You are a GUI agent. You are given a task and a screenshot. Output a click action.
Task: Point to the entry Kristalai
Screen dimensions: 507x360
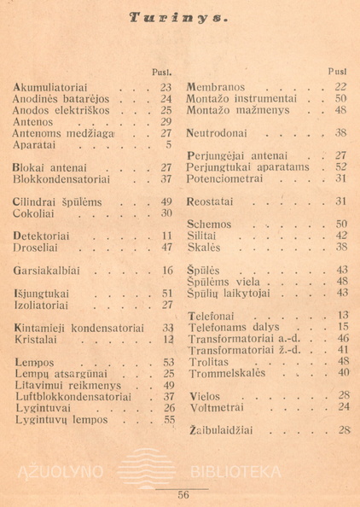pos(39,339)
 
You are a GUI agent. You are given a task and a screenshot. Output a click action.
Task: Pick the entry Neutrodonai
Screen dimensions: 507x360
pos(220,133)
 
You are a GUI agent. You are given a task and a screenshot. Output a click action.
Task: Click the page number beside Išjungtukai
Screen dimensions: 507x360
pos(167,293)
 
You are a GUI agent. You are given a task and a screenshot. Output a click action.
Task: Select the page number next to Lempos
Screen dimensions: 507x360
pos(167,362)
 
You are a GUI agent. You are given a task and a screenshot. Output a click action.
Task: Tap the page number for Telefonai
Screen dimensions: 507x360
pos(343,315)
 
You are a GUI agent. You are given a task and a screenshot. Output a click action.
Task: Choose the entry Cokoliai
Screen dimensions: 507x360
pos(38,213)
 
